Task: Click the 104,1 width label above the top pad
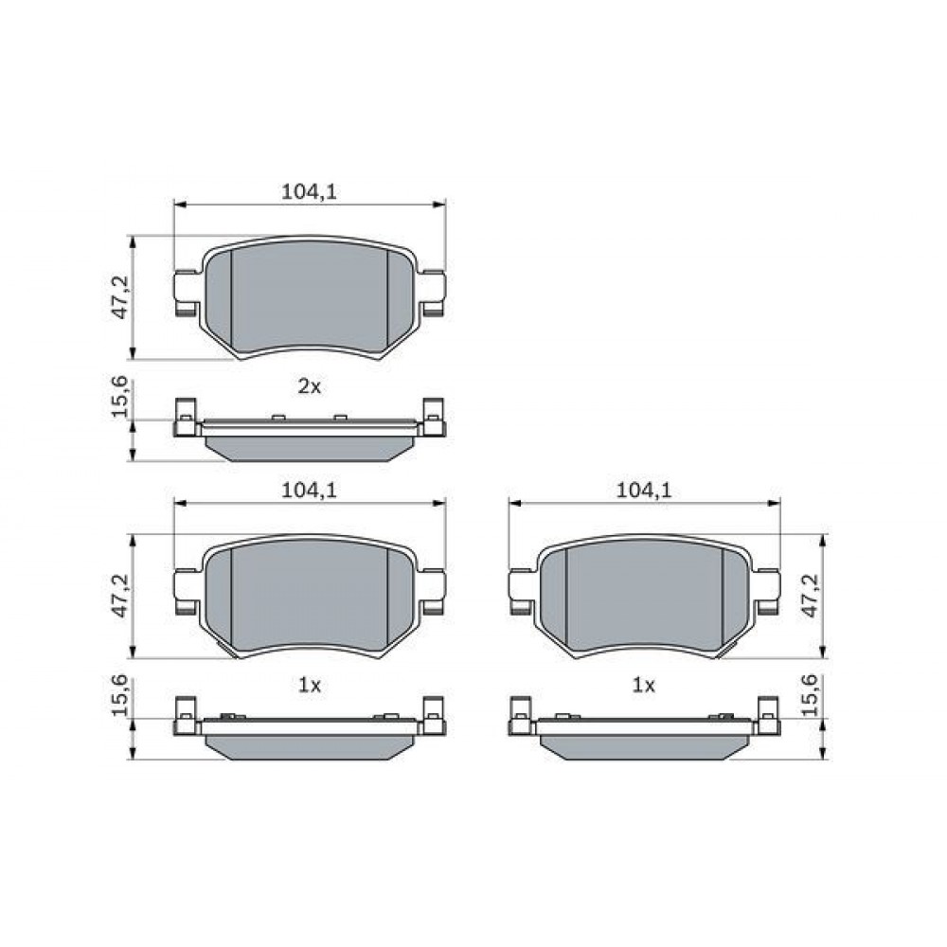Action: (x=310, y=191)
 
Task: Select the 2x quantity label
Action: (x=310, y=386)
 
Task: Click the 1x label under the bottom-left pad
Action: (x=310, y=685)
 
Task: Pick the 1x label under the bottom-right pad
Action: (x=644, y=685)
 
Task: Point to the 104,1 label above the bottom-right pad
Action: (x=644, y=491)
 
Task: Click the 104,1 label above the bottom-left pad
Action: (x=310, y=491)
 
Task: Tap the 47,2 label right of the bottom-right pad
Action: (x=812, y=596)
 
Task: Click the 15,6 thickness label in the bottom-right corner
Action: (x=812, y=696)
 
